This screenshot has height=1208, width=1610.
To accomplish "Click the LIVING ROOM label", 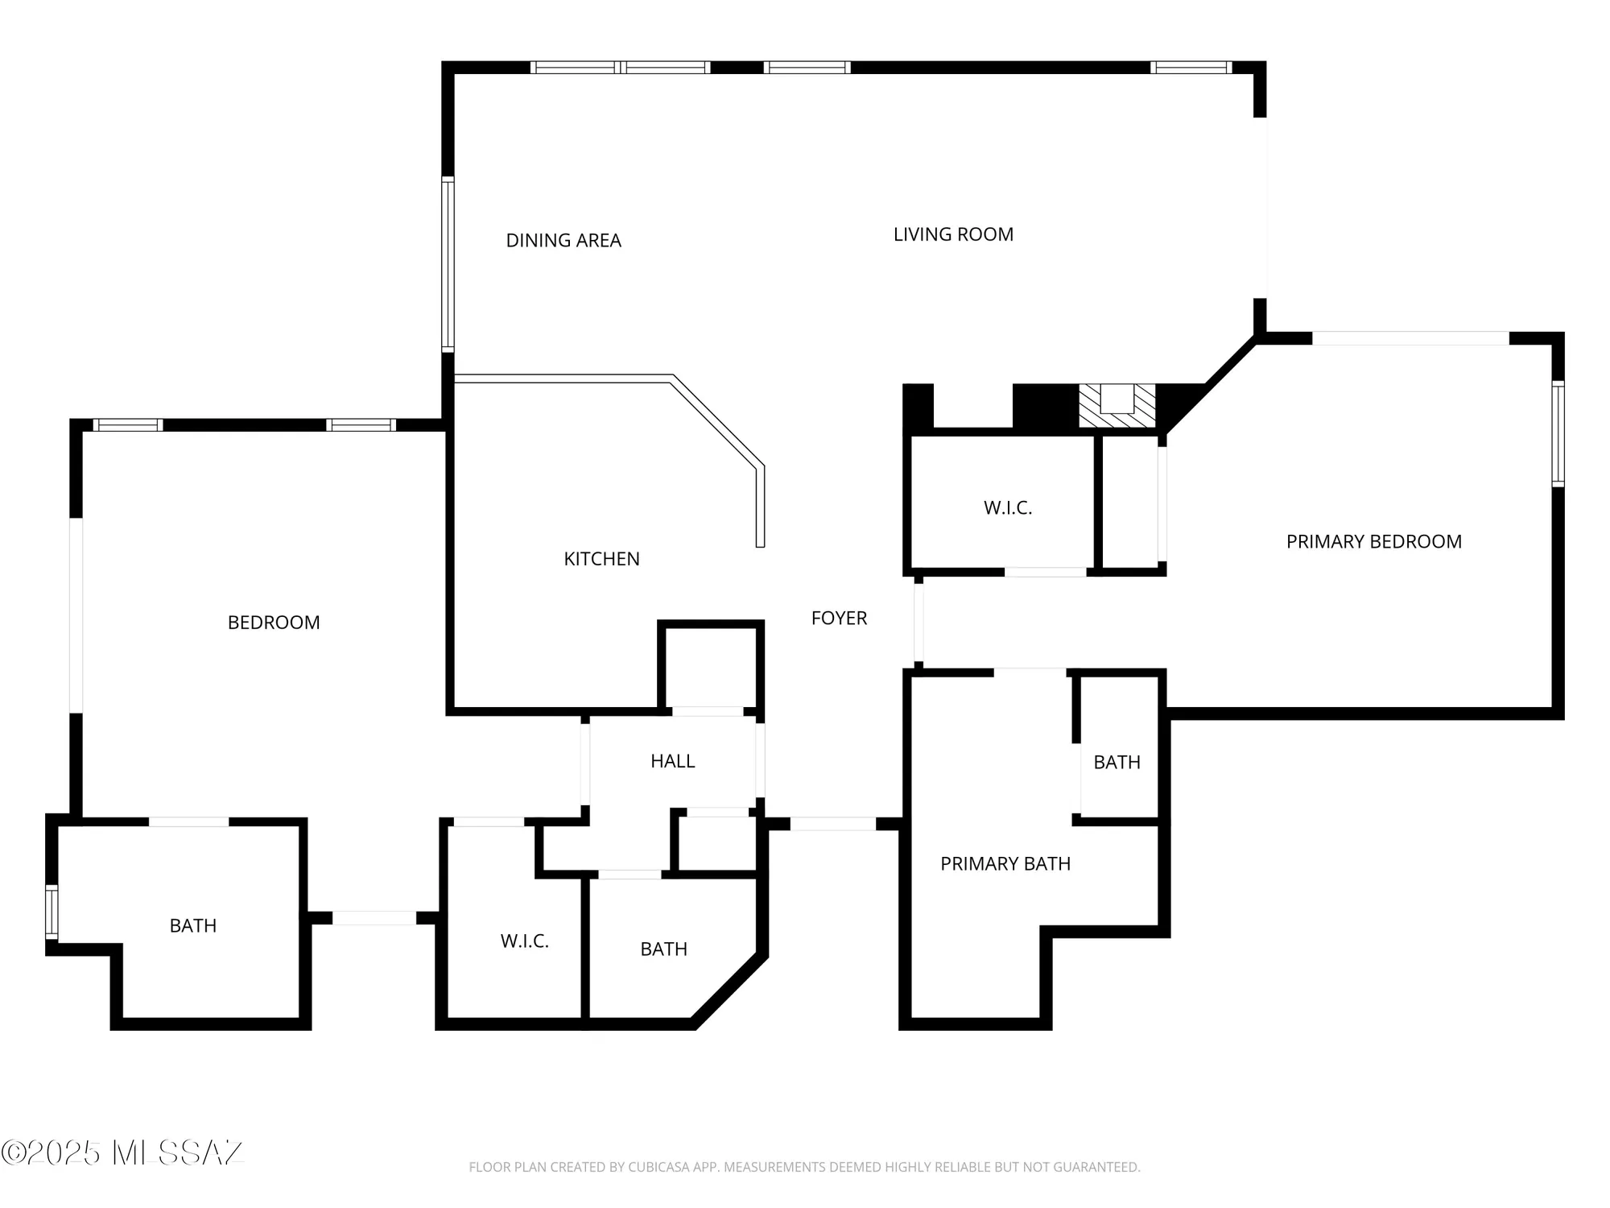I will click(953, 234).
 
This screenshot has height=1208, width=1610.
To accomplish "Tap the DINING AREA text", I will click(563, 240).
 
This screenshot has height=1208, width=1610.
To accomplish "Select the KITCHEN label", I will click(601, 559).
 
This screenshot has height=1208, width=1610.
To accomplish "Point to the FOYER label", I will click(839, 618).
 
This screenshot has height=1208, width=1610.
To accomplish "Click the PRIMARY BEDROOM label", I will click(1373, 541).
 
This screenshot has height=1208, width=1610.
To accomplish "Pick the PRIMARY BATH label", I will click(1005, 863).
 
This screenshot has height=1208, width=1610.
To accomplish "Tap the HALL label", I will click(672, 761).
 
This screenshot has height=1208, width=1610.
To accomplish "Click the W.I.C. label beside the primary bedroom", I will click(1007, 508).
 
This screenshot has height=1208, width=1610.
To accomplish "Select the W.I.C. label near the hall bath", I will click(524, 941).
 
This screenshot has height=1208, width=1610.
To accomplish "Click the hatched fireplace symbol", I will click(1117, 407).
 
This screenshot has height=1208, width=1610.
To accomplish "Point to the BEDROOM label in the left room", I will click(274, 623).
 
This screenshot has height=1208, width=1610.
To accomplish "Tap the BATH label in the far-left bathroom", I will click(193, 925).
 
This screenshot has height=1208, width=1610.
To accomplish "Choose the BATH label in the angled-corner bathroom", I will click(663, 949).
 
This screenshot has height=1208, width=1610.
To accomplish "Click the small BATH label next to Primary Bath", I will click(1117, 762).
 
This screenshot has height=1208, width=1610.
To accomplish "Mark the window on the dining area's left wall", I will click(448, 264).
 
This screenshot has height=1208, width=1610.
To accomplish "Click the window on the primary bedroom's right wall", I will click(1558, 434).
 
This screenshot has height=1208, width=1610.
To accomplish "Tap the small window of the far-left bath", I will click(52, 912).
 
